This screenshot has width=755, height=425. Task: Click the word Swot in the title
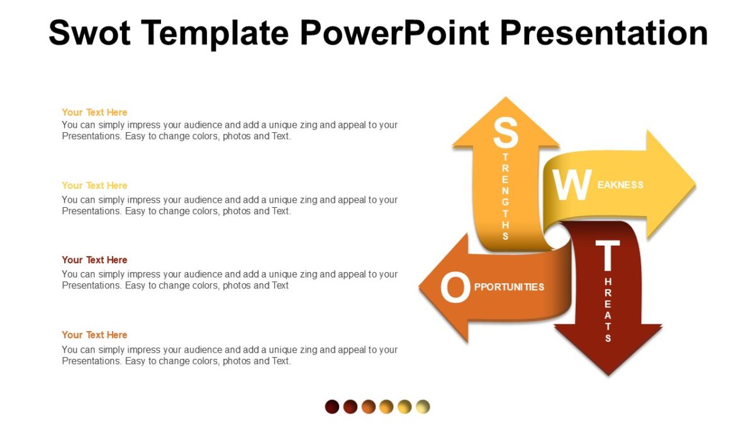pos(89,33)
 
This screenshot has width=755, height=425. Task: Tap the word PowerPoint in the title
pos(394,33)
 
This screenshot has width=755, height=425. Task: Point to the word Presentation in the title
pos(604,33)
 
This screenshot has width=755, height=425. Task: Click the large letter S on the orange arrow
pos(505,133)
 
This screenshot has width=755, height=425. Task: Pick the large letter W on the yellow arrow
pos(571,185)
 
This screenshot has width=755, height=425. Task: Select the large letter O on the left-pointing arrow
pos(455,288)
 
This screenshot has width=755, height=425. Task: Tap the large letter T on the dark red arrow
pos(607,257)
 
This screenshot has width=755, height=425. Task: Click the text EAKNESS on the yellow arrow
pos(620,185)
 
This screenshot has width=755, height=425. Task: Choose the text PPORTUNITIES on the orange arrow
pos(509,287)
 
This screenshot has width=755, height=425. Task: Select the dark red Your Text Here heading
pos(94,260)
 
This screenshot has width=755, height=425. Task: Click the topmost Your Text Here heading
pos(94,112)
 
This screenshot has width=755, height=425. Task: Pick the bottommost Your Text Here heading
pos(94,335)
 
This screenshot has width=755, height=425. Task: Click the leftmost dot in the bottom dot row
pos(332,407)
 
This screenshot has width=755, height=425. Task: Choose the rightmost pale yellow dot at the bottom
pos(423,407)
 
